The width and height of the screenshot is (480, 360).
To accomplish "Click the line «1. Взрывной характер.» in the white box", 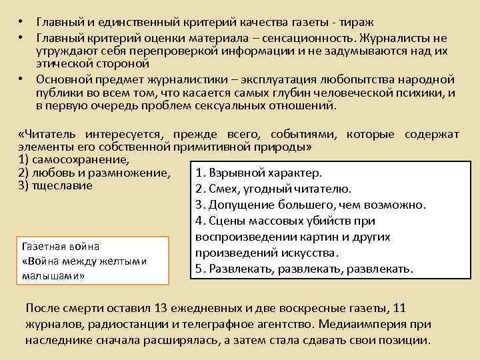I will click(x=259, y=173).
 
